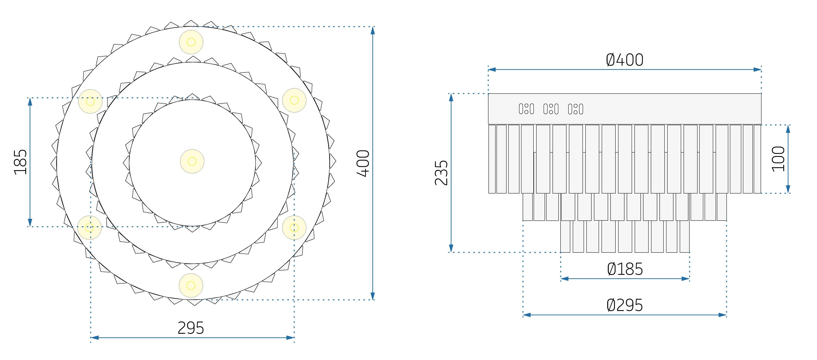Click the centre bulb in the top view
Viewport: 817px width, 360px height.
192,161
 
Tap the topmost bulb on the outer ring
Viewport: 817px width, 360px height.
191,42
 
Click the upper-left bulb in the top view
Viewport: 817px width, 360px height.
90,101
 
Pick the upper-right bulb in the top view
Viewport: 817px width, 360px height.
294,100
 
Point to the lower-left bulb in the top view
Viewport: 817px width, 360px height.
90,227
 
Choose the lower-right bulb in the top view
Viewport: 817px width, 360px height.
294,227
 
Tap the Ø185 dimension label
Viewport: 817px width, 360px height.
625,269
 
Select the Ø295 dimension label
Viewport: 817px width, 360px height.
625,305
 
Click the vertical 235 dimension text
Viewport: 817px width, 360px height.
441,173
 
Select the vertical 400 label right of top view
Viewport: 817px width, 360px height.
363,163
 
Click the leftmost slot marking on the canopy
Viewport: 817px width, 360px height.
526,109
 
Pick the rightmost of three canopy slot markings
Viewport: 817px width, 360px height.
575,109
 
